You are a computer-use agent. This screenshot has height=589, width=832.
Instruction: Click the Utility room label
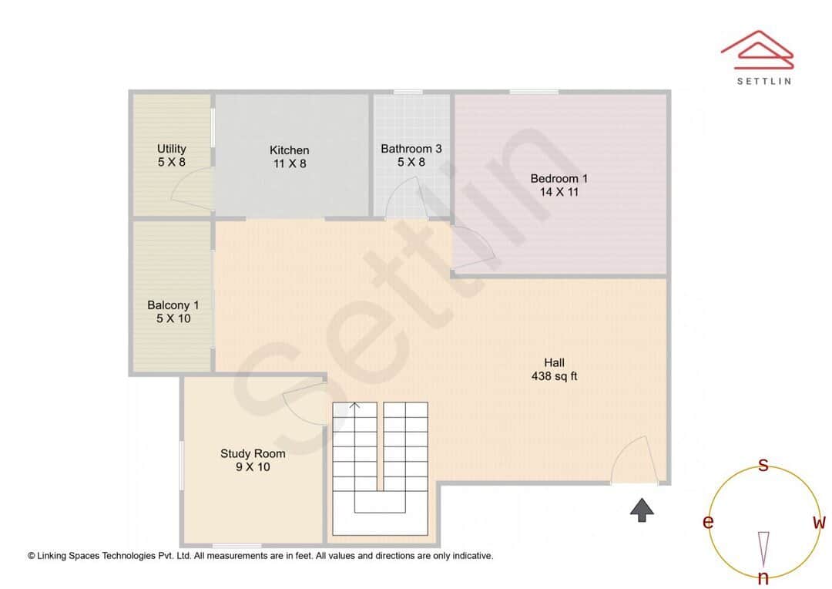click(x=171, y=149)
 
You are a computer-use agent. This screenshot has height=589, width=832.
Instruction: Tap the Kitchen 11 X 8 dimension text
click(x=289, y=163)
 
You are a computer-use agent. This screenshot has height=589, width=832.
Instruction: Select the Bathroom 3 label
click(x=411, y=149)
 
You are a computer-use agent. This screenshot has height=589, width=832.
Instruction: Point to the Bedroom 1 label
click(x=559, y=179)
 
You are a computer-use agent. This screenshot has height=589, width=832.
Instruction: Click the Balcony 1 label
click(x=173, y=305)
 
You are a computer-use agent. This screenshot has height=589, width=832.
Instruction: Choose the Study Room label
click(x=253, y=453)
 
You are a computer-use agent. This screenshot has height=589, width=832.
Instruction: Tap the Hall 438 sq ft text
click(x=554, y=369)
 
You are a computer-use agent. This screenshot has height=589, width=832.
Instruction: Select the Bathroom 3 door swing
click(x=404, y=199)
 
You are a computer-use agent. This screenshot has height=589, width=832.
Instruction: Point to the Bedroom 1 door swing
click(x=471, y=246)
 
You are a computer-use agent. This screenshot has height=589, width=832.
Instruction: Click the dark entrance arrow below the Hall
click(x=642, y=510)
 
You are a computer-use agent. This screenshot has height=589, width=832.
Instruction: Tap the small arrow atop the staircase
click(x=355, y=406)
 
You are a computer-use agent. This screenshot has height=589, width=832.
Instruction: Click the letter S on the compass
click(x=763, y=465)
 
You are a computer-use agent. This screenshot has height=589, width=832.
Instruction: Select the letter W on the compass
click(x=819, y=523)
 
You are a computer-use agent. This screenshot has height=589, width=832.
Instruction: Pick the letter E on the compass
click(x=707, y=523)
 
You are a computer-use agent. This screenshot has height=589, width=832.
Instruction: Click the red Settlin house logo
click(x=757, y=49)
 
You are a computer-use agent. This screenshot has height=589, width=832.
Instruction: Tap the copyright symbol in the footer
click(x=32, y=555)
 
